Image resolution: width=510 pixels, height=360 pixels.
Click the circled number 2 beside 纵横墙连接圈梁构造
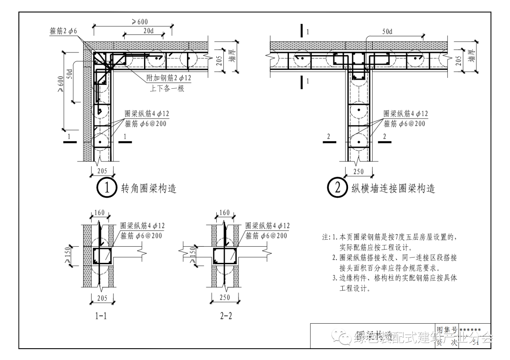(337, 188)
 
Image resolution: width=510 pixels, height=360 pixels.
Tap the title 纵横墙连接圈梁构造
(393, 189)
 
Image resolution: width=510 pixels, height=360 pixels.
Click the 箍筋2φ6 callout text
(63, 31)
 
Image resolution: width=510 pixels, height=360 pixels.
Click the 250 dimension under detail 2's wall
(358, 171)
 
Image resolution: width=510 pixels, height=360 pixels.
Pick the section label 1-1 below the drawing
(101, 316)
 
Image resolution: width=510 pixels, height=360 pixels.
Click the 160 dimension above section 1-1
(99, 213)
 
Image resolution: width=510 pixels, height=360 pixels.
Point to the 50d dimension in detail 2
(388, 32)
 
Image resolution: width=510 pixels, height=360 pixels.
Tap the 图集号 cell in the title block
(447, 329)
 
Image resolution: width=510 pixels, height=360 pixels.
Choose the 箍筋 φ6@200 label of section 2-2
(268, 235)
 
